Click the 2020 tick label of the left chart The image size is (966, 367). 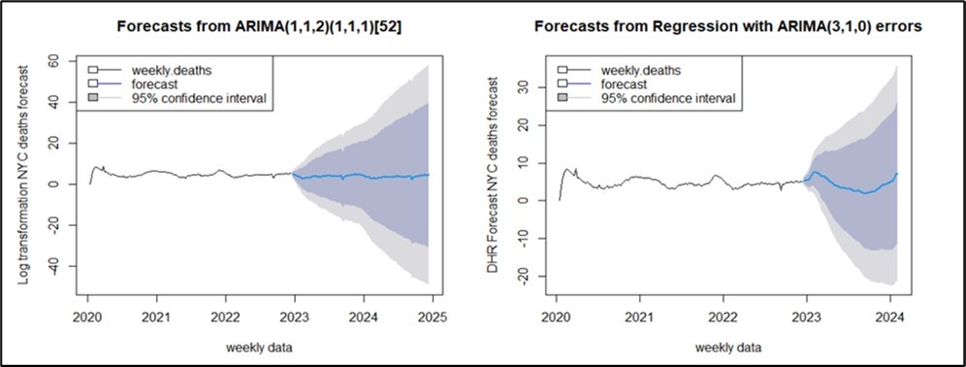pyautogui.click(x=87, y=316)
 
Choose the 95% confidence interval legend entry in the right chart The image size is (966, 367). pyautogui.click(x=667, y=98)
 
